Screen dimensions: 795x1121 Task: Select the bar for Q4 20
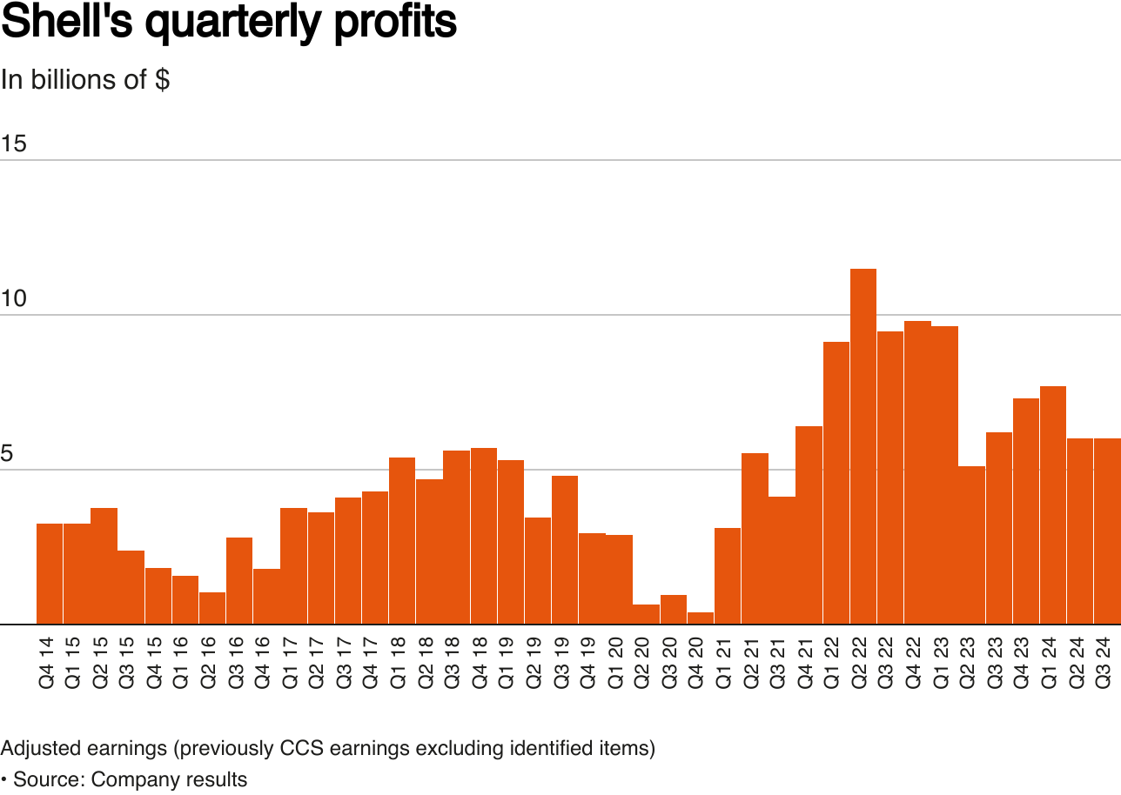coord(701,618)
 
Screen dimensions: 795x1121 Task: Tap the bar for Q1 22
coord(836,483)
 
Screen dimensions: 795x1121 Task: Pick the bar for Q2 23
coord(971,545)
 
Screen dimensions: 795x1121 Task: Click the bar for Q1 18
coord(402,540)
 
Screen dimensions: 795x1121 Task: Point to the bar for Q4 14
coord(50,574)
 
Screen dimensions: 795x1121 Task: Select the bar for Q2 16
coord(212,608)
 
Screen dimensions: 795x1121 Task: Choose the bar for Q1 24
coord(1053,504)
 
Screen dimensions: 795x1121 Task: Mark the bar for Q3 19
coord(565,550)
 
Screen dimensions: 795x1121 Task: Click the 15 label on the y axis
coord(13,144)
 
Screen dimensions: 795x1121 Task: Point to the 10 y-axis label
coord(13,298)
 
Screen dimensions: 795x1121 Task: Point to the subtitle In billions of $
coord(85,79)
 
